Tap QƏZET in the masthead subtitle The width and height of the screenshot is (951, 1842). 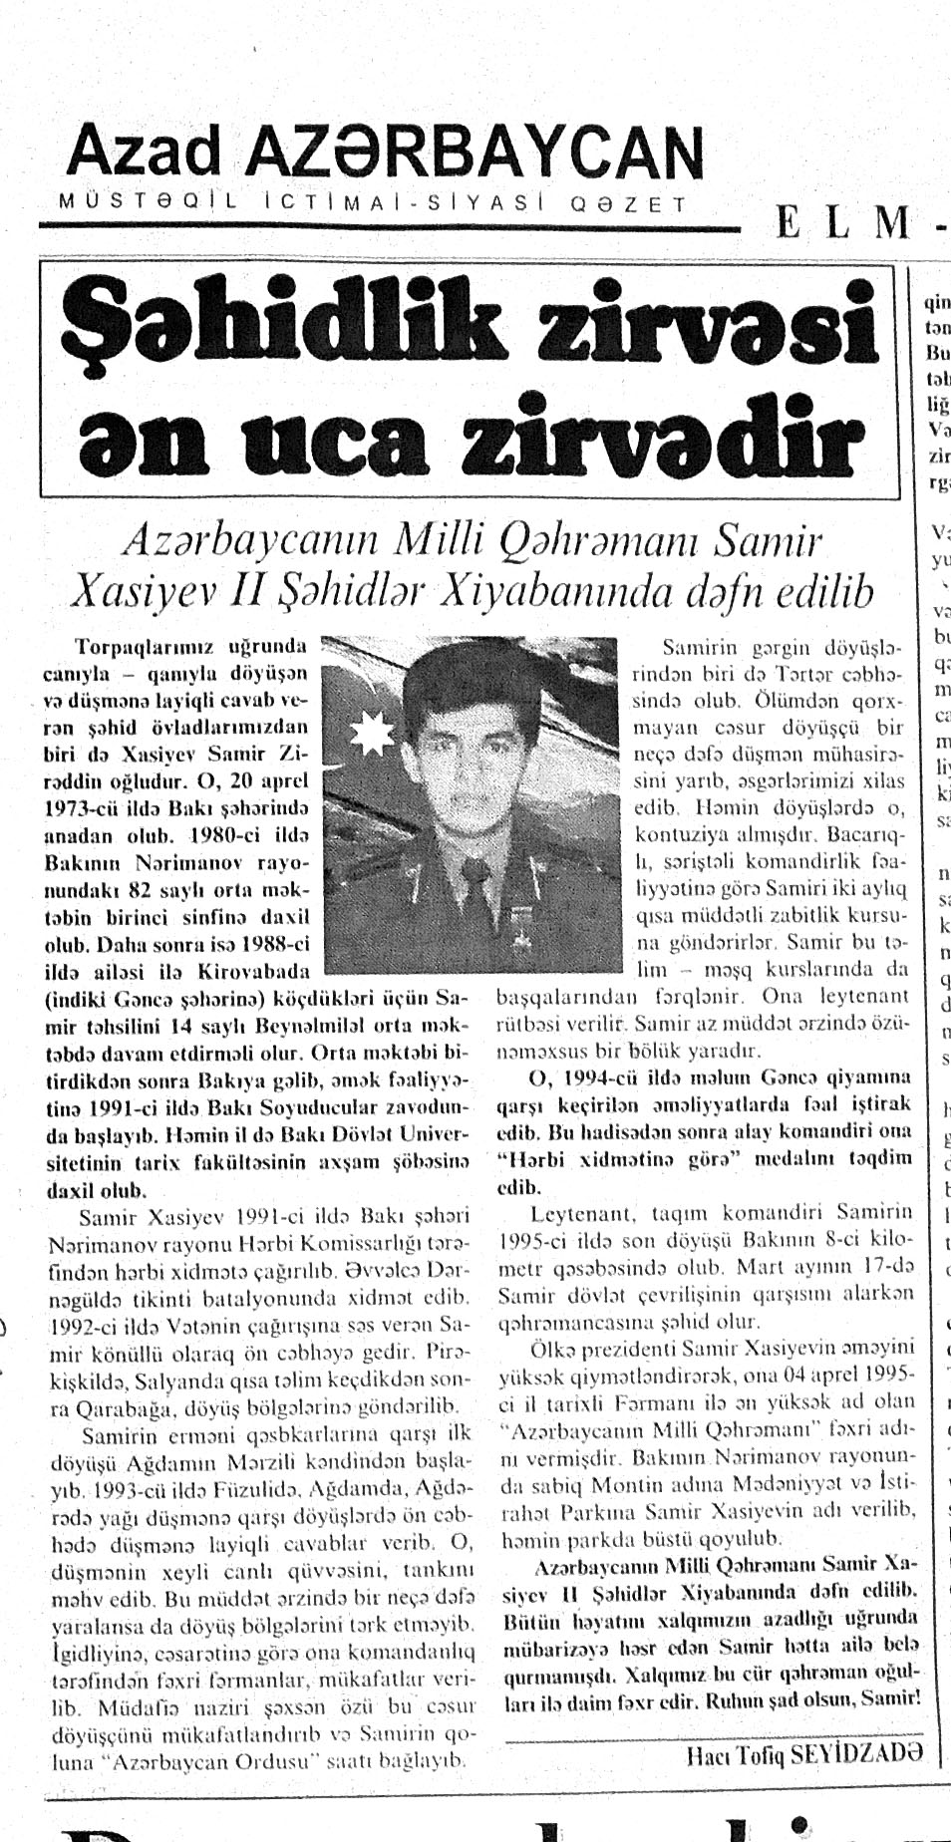[x=627, y=204]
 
